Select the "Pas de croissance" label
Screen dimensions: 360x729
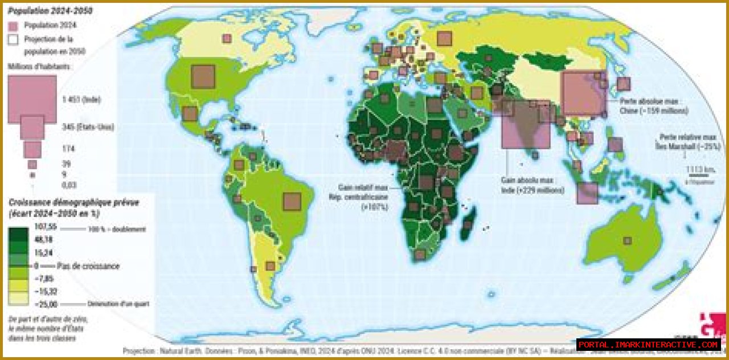(88, 266)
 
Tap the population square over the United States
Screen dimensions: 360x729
(203, 76)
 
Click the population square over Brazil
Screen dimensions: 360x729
(292, 202)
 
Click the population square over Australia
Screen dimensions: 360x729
(627, 240)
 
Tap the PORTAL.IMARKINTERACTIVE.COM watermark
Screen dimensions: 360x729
(649, 345)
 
